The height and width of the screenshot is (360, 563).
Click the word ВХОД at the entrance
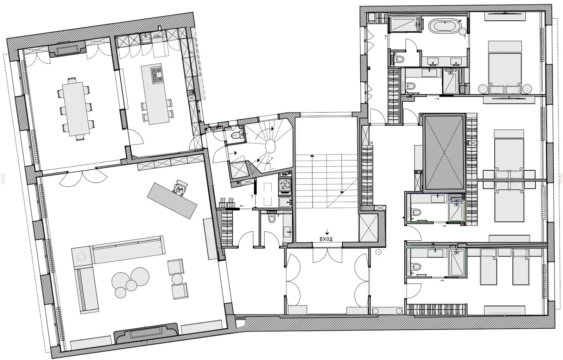(x=326, y=239)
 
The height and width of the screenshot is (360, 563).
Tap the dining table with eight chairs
(x=76, y=109)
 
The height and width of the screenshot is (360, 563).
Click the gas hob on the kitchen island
(x=157, y=75)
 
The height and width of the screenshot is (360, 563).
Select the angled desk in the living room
(x=172, y=200)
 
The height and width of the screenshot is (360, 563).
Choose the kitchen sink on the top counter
(x=146, y=38)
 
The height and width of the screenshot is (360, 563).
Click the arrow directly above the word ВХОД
(x=327, y=232)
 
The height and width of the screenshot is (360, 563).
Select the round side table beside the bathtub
(x=463, y=32)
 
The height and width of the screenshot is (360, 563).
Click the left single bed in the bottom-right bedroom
(x=488, y=267)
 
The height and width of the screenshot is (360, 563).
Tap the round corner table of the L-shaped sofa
(x=81, y=257)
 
